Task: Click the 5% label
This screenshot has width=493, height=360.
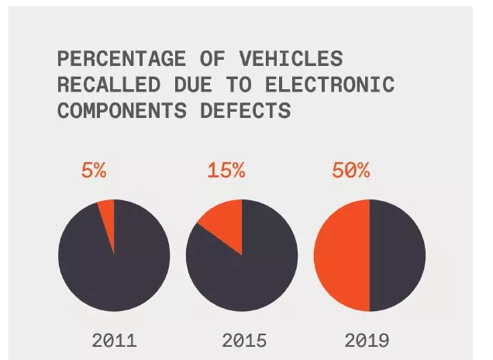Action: [x=94, y=171]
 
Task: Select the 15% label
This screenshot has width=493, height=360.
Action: [x=226, y=171]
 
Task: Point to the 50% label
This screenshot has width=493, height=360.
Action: [x=351, y=171]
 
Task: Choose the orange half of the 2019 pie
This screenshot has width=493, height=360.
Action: [x=341, y=255]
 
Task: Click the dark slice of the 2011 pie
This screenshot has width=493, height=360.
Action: [x=114, y=268]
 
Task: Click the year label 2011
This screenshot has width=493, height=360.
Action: [x=114, y=340]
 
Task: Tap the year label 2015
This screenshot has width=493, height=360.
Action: [x=244, y=340]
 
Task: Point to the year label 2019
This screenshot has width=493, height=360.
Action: [x=368, y=340]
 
